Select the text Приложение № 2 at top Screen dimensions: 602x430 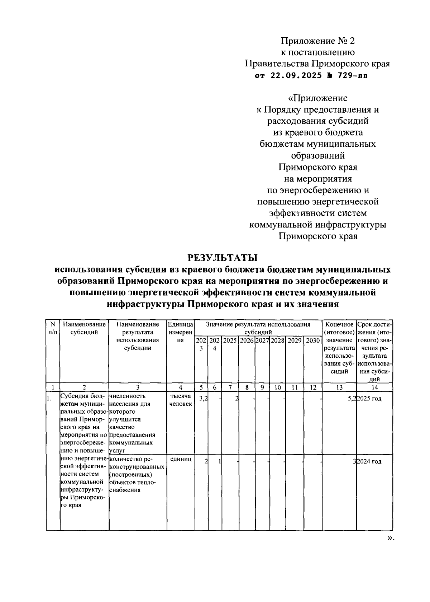pyautogui.click(x=317, y=41)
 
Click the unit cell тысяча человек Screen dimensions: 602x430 pyautogui.click(x=181, y=400)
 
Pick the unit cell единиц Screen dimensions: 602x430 pyautogui.click(x=181, y=459)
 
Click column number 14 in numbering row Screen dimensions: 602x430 pyautogui.click(x=374, y=387)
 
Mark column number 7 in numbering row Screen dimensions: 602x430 pyautogui.click(x=230, y=387)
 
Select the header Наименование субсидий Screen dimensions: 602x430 pyautogui.click(x=84, y=328)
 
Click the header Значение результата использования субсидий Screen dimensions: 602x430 pyautogui.click(x=258, y=328)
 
